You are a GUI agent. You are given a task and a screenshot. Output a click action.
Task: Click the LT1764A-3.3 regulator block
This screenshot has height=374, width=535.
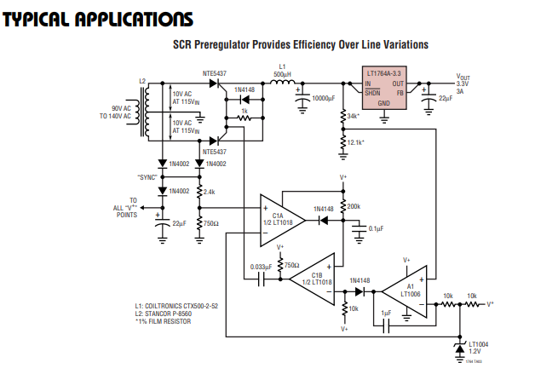385,89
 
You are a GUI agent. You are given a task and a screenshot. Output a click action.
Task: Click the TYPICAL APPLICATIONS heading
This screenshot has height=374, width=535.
97,18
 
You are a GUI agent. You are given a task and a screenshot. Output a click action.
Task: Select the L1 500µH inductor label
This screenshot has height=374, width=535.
282,71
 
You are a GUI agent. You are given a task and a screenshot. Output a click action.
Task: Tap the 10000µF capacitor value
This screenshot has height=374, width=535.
325,99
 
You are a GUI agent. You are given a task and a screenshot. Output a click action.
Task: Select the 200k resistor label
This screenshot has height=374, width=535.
355,206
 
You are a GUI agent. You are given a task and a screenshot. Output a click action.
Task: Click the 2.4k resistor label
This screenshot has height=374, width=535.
210,192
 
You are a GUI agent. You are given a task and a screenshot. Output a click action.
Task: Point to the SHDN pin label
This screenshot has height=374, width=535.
374,93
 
